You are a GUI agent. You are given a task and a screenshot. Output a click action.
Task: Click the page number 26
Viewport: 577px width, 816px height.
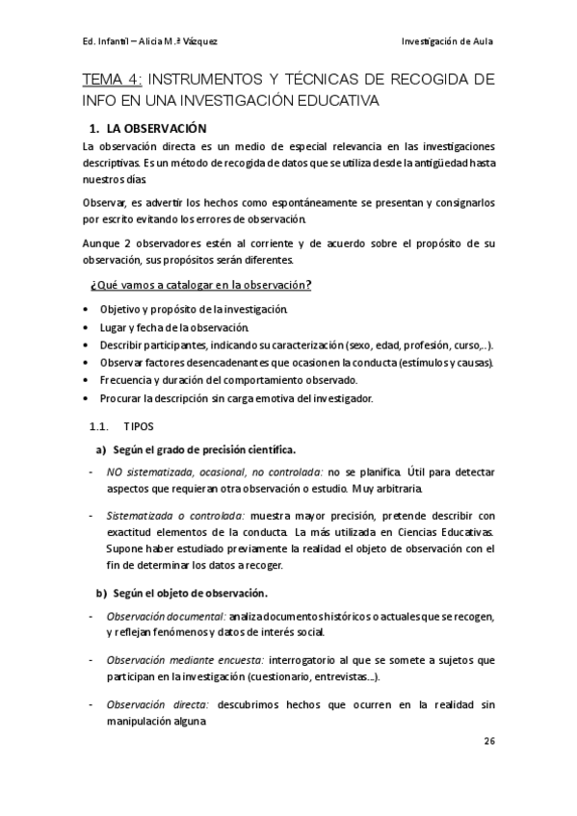(487, 742)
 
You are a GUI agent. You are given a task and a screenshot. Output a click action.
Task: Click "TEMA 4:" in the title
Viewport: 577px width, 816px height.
(114, 79)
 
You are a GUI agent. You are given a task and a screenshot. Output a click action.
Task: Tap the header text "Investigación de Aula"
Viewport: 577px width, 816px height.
(447, 40)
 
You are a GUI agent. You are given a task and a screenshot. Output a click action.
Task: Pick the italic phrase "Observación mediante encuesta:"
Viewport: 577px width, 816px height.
(183, 660)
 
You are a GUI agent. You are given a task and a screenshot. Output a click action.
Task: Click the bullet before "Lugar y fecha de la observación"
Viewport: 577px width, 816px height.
(88, 327)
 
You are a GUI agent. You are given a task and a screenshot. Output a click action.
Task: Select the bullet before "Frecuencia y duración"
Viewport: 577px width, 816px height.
(88, 380)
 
